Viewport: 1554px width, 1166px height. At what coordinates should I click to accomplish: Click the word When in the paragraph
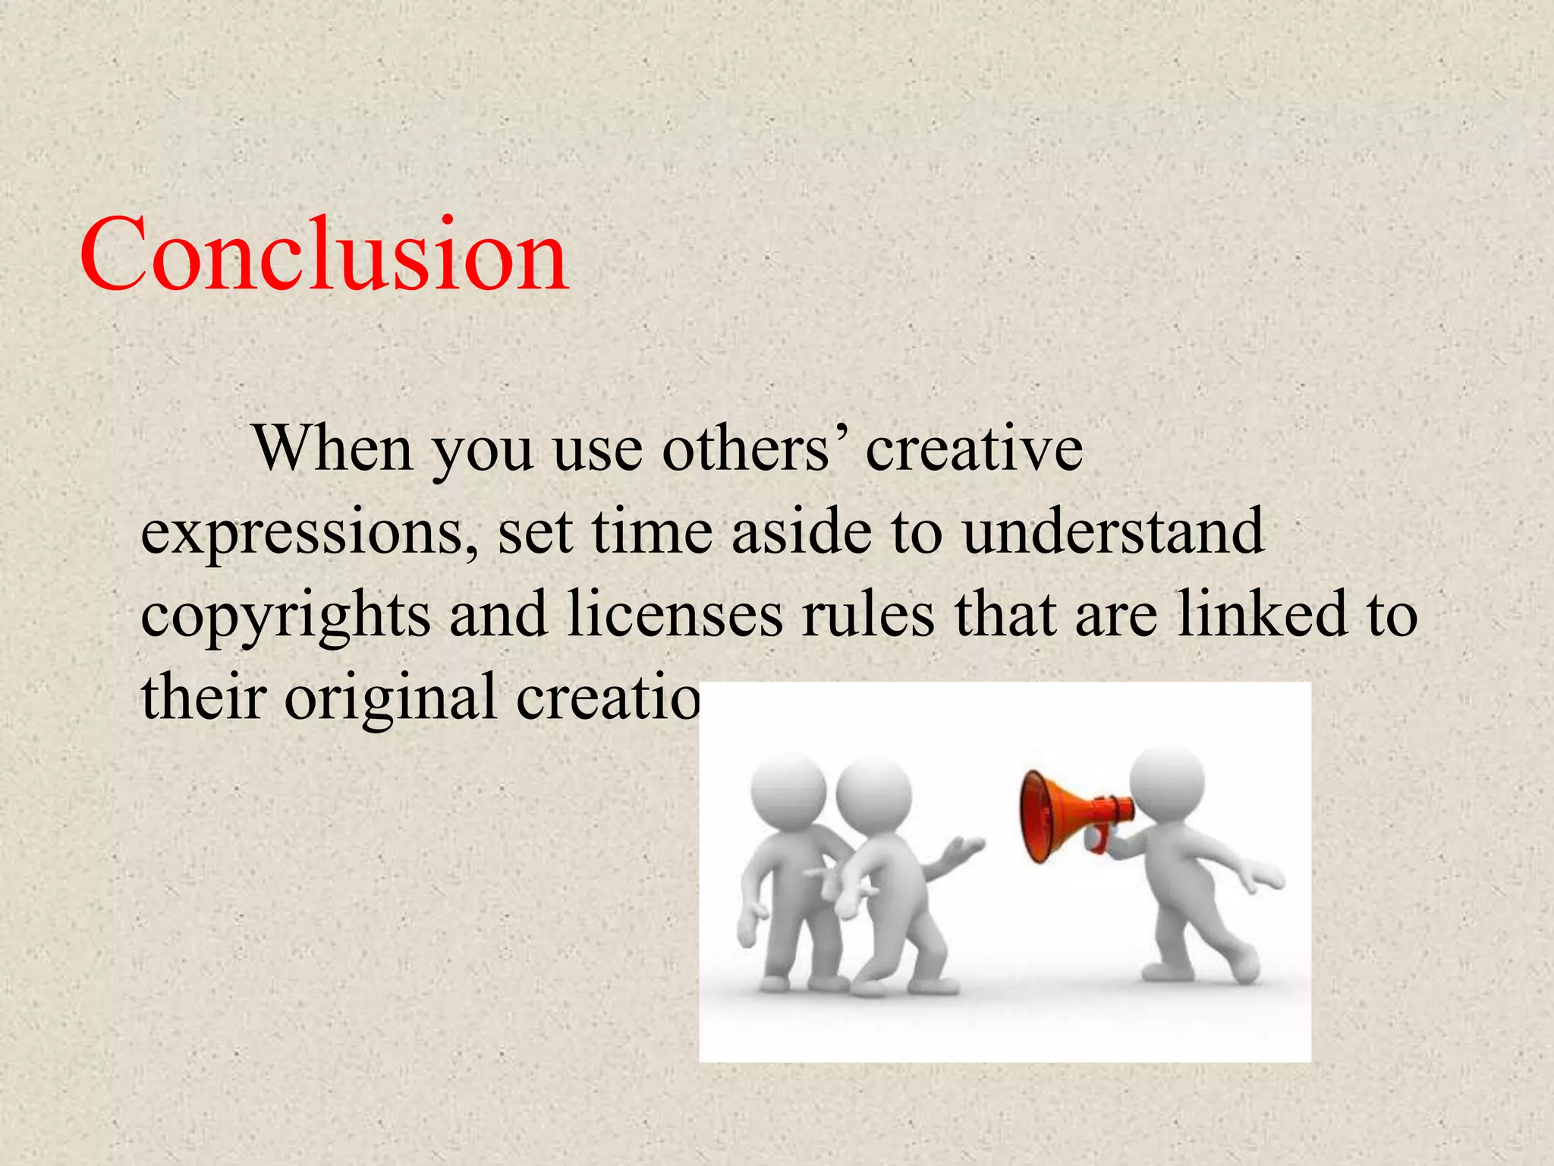pyautogui.click(x=333, y=449)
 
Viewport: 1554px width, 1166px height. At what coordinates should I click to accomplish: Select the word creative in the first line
pyautogui.click(x=974, y=449)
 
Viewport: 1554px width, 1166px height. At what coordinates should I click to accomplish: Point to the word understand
pyautogui.click(x=1113, y=531)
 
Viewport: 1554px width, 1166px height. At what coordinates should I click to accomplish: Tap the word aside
pyautogui.click(x=801, y=531)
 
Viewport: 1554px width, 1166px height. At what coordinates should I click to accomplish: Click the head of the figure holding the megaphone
pyautogui.click(x=1166, y=783)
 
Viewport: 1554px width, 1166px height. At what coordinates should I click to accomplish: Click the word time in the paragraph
pyautogui.click(x=652, y=531)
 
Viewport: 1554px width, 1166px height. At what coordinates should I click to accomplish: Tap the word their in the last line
pyautogui.click(x=203, y=696)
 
